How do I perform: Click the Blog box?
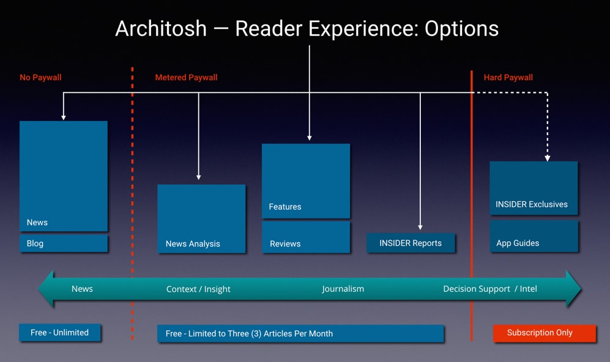click(x=63, y=243)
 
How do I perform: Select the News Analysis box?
click(x=201, y=219)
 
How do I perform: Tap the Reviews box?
click(x=306, y=237)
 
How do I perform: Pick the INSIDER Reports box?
click(x=411, y=243)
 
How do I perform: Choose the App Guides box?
click(x=534, y=237)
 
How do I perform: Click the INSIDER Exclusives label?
click(x=532, y=204)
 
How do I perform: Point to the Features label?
click(x=285, y=207)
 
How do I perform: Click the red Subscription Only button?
click(x=545, y=333)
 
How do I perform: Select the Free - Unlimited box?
click(x=60, y=333)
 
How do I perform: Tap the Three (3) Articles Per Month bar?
click(x=300, y=333)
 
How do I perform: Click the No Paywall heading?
click(x=40, y=78)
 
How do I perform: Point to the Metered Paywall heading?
click(x=186, y=78)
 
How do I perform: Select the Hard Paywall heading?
click(x=508, y=78)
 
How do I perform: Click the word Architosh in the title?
click(x=161, y=29)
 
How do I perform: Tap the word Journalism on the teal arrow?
click(x=343, y=289)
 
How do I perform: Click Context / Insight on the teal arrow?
click(x=198, y=289)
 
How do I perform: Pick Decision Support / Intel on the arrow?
click(x=490, y=289)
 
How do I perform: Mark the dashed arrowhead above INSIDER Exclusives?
click(x=548, y=158)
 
